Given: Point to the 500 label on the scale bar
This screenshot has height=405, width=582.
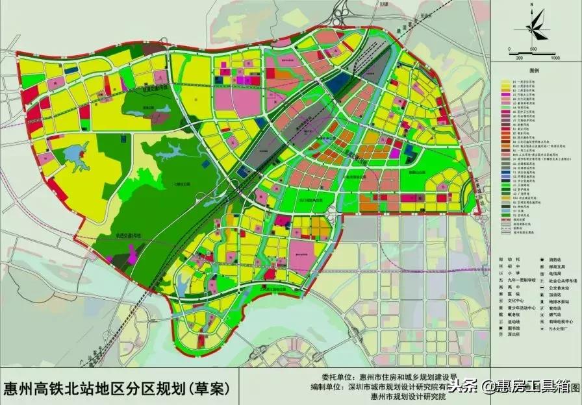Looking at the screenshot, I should [x=533, y=49].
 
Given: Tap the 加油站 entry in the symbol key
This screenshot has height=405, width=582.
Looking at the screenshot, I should [x=552, y=293].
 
